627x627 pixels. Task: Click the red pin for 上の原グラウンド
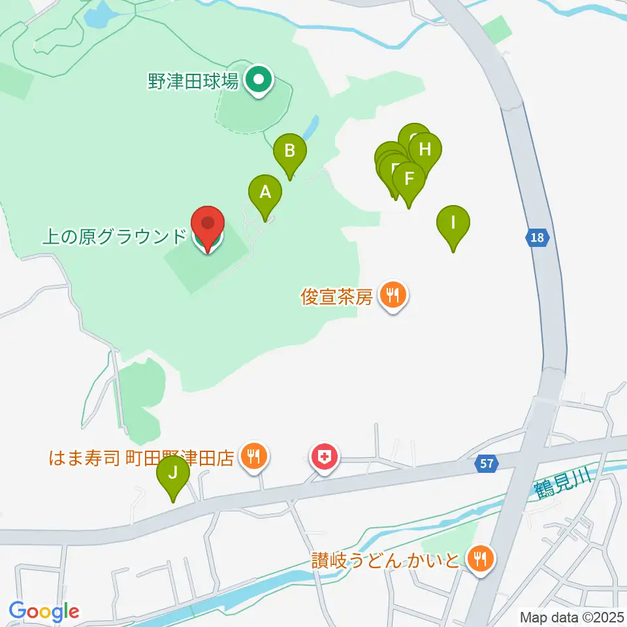tap(208, 225)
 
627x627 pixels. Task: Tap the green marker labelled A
tap(265, 193)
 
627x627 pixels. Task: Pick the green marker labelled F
tap(410, 178)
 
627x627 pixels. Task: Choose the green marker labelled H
tap(425, 150)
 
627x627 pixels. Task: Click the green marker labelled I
tap(453, 222)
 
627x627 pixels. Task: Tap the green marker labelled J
tap(172, 472)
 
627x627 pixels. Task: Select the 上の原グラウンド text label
tap(114, 236)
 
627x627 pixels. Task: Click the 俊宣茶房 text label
tap(337, 298)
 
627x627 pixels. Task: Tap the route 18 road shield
tap(537, 238)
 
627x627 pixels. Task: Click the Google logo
tap(44, 611)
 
